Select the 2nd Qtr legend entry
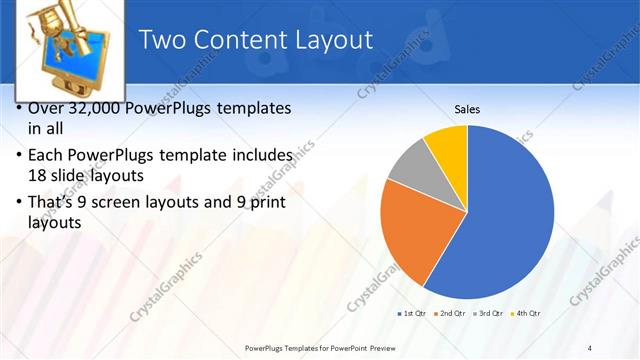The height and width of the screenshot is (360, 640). point(451,314)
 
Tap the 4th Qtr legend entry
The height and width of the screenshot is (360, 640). point(527,314)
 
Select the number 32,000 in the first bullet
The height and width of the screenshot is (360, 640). point(106,108)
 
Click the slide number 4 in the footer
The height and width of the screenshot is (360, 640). point(590,347)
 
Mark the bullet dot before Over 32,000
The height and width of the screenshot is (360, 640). point(21,108)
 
